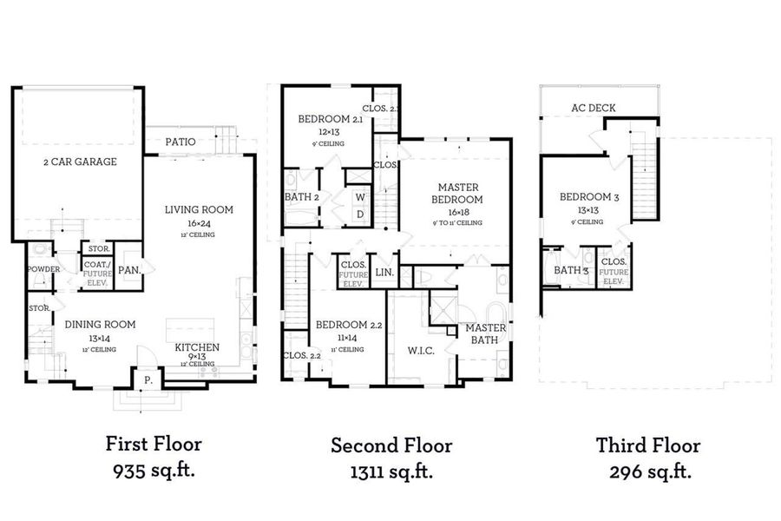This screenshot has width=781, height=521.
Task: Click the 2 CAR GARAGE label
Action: [x=80, y=162]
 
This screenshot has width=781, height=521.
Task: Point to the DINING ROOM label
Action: [x=100, y=324]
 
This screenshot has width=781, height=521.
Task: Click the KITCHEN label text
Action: [x=197, y=346]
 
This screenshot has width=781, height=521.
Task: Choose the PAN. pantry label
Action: [x=129, y=270]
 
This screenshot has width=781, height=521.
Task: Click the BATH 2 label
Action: [x=303, y=196]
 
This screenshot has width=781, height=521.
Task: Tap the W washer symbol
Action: [x=358, y=197]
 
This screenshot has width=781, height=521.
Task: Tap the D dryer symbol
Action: [x=358, y=214]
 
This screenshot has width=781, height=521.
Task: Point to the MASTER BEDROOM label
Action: [x=459, y=193]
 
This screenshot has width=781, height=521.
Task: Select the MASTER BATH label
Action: [x=485, y=334]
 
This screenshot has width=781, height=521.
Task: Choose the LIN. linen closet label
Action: [x=385, y=273]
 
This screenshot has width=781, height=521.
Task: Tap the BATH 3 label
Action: [x=572, y=270]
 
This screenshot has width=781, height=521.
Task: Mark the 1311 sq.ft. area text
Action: [x=390, y=472]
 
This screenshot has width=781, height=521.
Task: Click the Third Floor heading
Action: [x=647, y=445]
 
